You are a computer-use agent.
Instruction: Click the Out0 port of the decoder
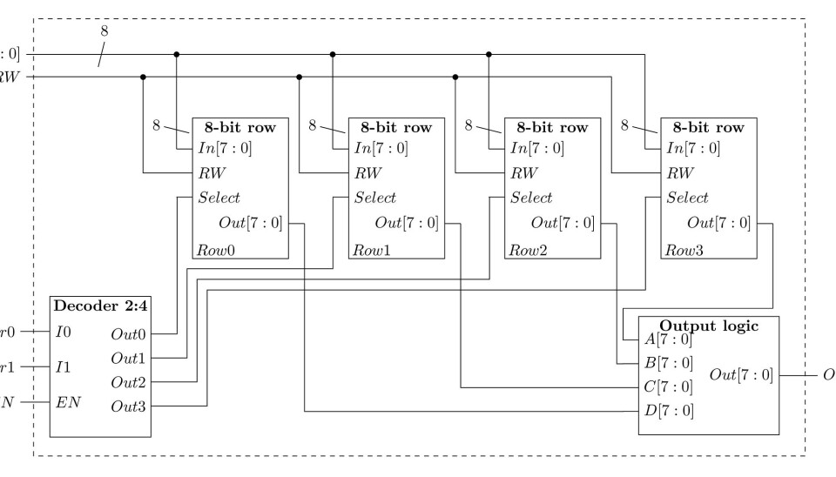[128, 333]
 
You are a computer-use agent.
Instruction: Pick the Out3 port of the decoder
[128, 406]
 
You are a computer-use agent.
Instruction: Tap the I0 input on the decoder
[63, 333]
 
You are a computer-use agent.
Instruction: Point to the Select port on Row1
[375, 198]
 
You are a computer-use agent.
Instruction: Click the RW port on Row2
[520, 172]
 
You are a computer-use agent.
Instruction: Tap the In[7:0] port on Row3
[693, 148]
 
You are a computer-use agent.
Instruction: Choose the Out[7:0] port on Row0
[250, 223]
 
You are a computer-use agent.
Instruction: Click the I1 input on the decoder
[63, 368]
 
